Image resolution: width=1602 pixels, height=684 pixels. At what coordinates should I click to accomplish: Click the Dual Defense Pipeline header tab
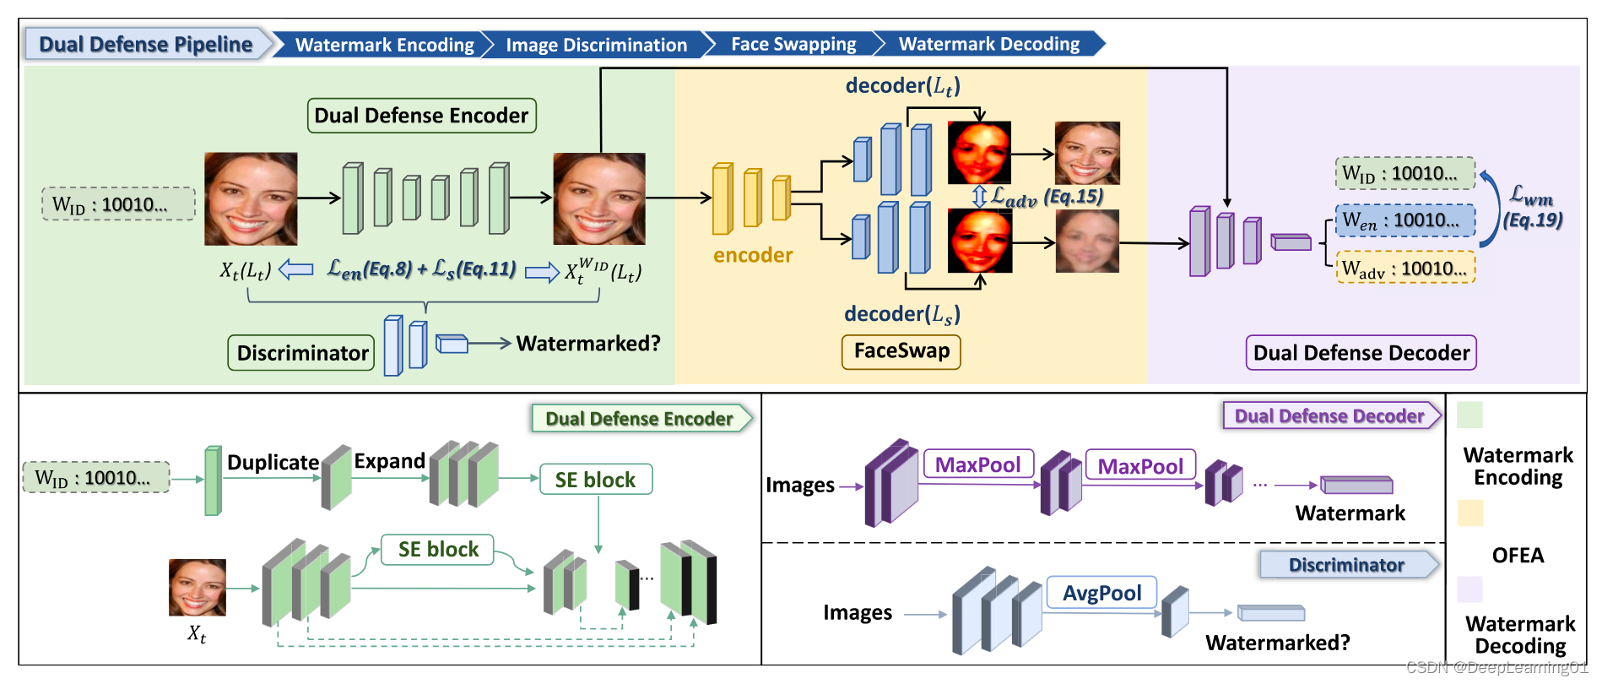145,44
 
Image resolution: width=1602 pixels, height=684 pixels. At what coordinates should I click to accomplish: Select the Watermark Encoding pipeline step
384,45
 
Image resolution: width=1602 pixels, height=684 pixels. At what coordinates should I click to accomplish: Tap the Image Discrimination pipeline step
596,45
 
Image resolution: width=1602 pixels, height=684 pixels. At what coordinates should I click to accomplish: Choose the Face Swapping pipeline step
793,44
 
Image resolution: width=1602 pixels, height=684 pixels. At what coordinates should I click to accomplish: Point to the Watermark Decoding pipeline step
988,44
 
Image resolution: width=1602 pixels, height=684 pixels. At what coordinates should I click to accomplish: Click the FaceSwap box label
901,350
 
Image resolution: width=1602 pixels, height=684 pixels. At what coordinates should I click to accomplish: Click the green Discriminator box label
302,352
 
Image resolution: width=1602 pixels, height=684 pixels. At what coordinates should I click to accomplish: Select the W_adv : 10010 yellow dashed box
1405,269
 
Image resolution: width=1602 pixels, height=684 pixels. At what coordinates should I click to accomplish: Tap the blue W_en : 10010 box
1405,220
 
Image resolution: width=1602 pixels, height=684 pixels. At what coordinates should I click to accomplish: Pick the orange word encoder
752,255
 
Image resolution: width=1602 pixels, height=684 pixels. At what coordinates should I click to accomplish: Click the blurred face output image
1087,242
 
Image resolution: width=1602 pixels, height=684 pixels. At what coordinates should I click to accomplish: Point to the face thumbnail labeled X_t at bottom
198,587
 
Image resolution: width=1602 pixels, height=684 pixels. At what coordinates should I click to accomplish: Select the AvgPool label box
1101,593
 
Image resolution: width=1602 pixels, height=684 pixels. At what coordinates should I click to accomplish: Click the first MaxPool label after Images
978,464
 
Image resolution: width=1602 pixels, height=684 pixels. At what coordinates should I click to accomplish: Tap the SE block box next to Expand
595,480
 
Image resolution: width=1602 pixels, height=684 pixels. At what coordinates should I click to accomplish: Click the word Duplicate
273,462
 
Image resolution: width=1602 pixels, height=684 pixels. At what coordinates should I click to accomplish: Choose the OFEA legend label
1518,555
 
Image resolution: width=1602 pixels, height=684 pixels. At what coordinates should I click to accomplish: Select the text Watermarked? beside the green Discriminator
588,343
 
